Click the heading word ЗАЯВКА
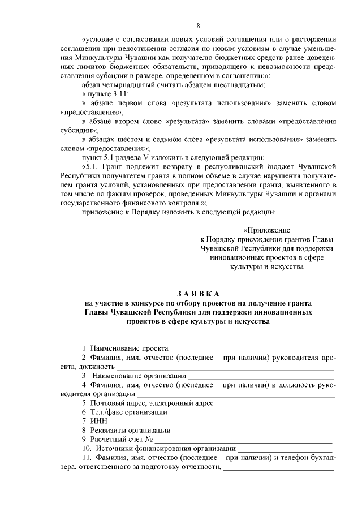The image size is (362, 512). tap(198, 294)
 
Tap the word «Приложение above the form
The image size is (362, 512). tap(266, 230)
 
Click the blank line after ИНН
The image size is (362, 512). tap(222, 421)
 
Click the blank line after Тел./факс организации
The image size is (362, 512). tap(252, 412)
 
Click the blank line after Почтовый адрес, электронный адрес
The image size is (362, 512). tap(275, 403)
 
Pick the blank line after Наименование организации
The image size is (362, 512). tap(261, 376)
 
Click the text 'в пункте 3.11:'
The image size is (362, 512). tap(105, 94)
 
